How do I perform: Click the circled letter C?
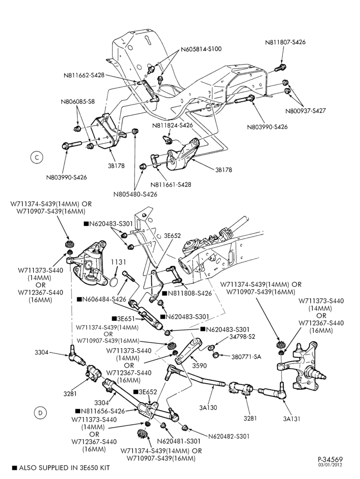37,157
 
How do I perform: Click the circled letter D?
40,413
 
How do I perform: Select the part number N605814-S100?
201,49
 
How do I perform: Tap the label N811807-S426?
285,42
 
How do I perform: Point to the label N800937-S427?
305,111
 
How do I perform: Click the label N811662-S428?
84,75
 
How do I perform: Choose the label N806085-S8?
78,102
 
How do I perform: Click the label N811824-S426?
172,125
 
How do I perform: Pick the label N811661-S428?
171,184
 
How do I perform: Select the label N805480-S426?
135,194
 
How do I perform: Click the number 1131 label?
118,262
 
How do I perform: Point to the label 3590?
200,365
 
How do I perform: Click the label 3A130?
208,407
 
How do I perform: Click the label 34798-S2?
242,337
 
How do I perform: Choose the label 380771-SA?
246,356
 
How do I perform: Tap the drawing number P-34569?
330,459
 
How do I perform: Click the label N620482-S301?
229,436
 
